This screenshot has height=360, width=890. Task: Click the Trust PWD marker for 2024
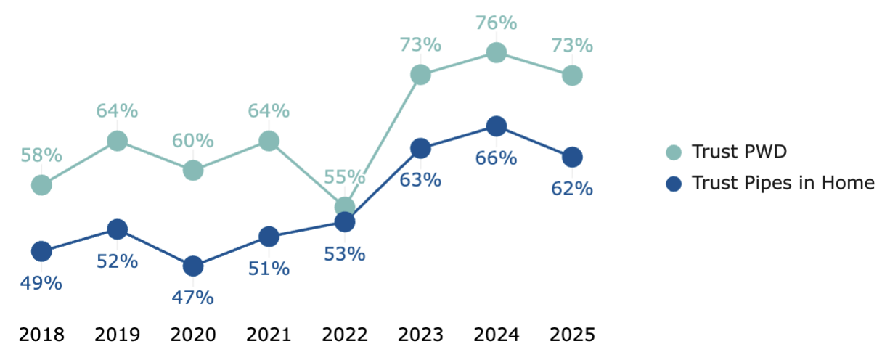(x=497, y=52)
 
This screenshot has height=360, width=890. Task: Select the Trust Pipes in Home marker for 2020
(x=193, y=266)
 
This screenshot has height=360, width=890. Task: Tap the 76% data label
(x=497, y=23)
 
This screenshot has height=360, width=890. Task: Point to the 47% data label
(x=193, y=298)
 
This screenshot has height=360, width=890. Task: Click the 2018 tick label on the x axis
(x=41, y=335)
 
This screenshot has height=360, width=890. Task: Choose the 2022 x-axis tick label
(x=345, y=335)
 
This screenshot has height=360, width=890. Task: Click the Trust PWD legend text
(x=740, y=152)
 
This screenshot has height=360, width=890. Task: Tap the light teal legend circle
(x=674, y=152)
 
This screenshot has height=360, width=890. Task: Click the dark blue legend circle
(x=674, y=183)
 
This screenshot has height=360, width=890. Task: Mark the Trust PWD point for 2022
(x=345, y=207)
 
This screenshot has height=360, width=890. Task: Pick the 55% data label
(x=345, y=177)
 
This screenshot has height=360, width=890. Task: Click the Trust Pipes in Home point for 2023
(x=420, y=148)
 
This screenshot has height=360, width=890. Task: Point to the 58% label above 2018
(x=41, y=155)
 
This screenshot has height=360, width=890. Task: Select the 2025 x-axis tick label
(x=572, y=335)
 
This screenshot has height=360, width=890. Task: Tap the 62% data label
(x=572, y=189)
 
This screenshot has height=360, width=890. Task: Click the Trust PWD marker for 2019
(x=118, y=141)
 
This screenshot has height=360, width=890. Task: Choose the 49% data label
(x=41, y=282)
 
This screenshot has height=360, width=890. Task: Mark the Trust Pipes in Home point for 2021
(x=269, y=237)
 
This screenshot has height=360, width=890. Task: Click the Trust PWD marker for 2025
(x=572, y=75)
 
